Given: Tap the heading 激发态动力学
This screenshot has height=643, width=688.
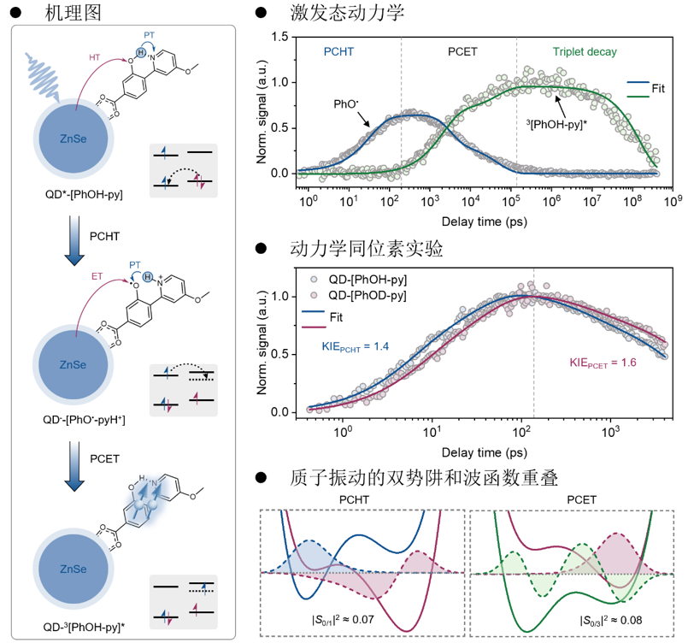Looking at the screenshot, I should click(342, 13).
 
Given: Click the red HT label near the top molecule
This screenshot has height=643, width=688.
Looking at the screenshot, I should click(95, 56).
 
